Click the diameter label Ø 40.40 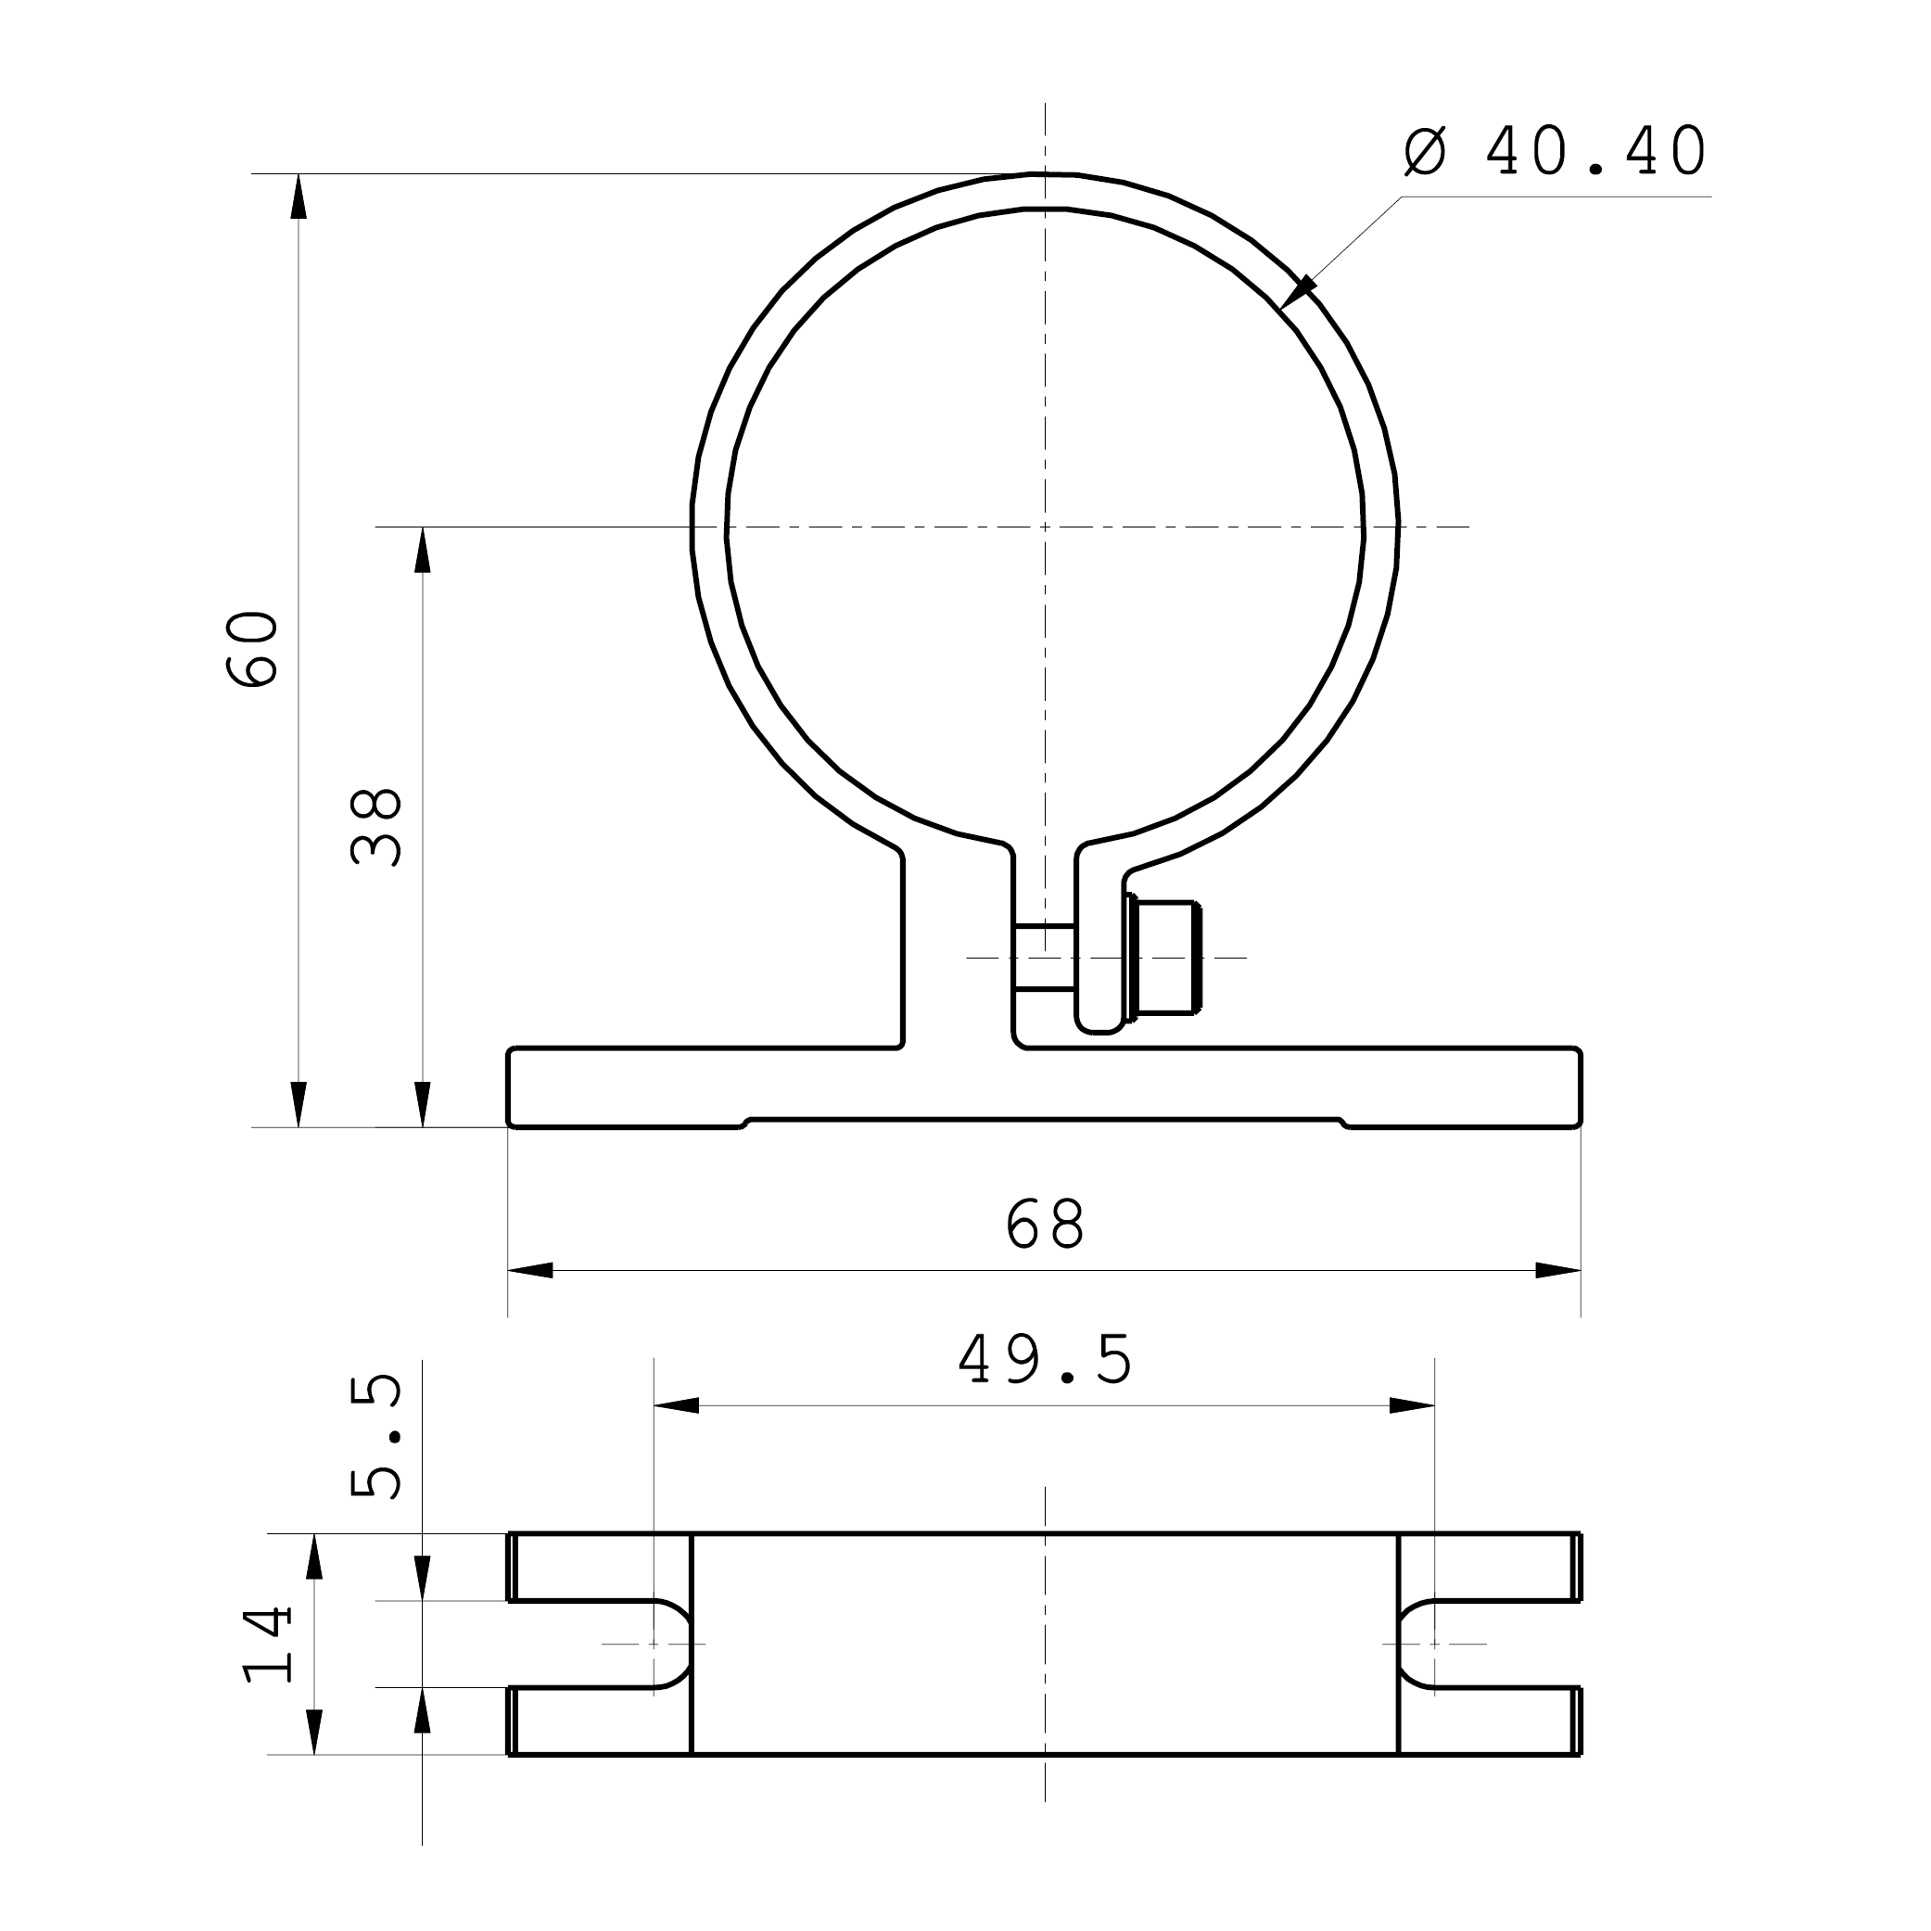pyautogui.click(x=1556, y=152)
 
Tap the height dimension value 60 pyautogui.click(x=252, y=648)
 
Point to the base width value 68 pyautogui.click(x=1045, y=1224)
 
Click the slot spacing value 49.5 pyautogui.click(x=1046, y=1359)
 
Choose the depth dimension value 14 pyautogui.click(x=268, y=1645)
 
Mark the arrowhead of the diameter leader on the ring pyautogui.click(x=1297, y=292)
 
